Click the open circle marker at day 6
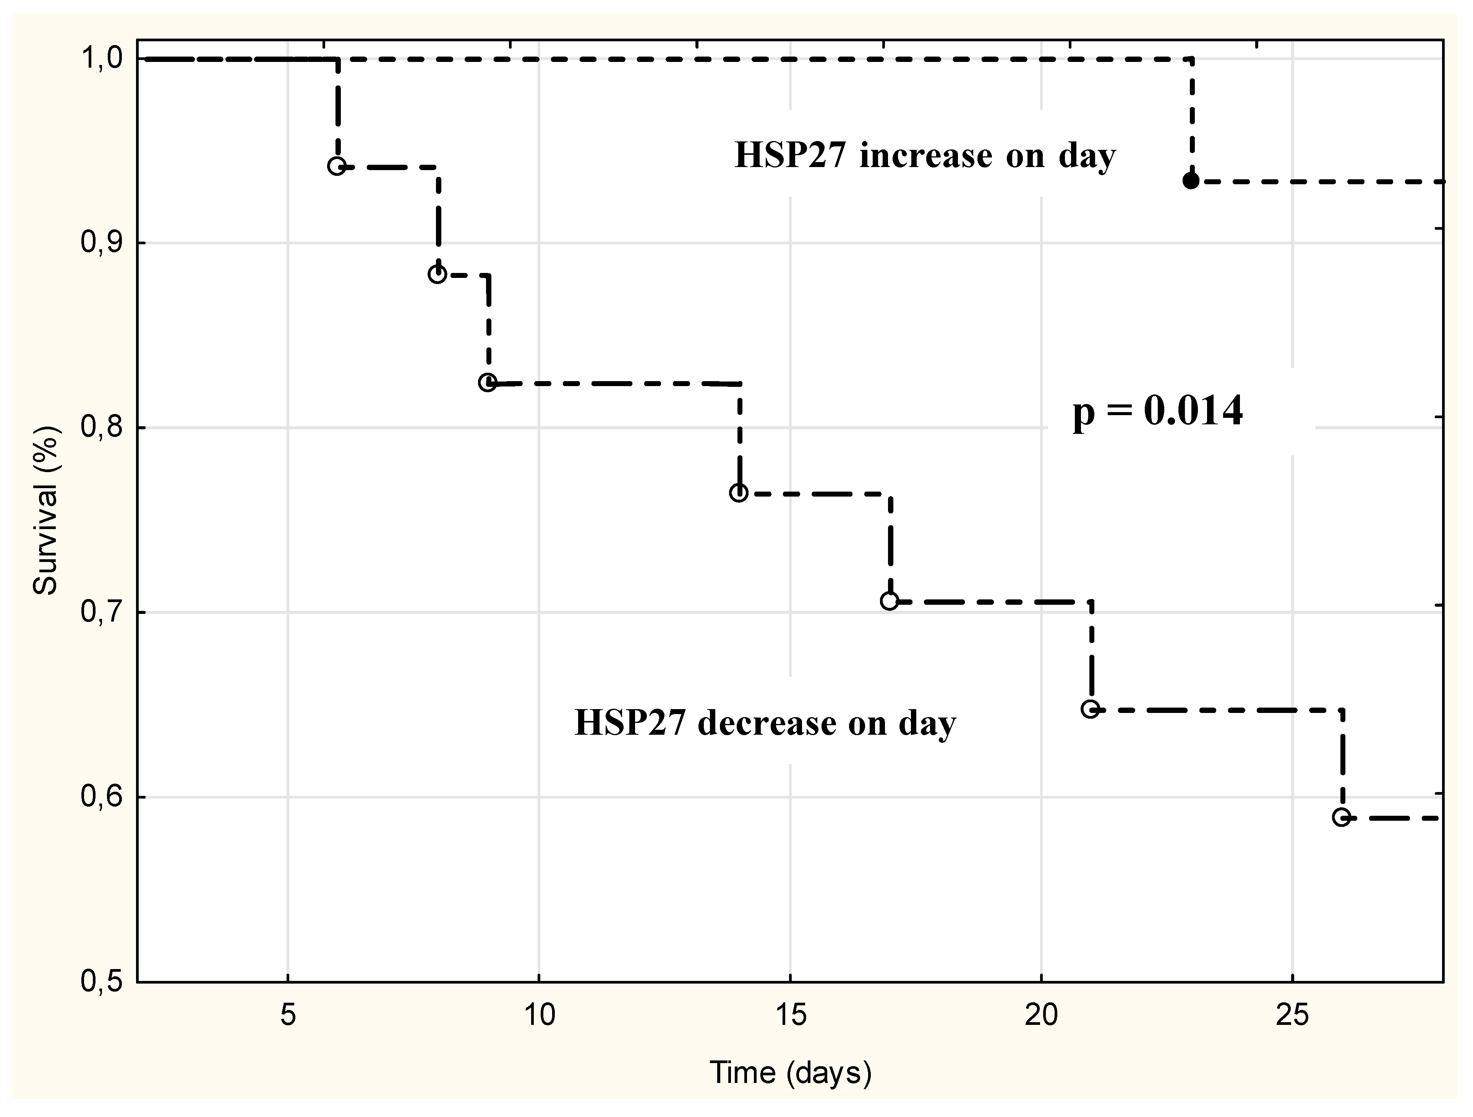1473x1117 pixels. tap(337, 166)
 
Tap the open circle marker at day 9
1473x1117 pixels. tap(488, 382)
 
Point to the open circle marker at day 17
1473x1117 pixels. tap(889, 601)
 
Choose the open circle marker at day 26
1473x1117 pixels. tap(1341, 817)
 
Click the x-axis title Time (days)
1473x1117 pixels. tap(791, 1072)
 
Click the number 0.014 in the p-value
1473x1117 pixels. tap(1193, 411)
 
